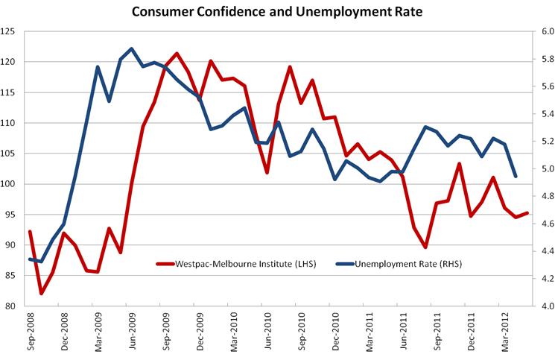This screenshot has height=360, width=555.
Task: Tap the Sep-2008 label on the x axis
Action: point(30,330)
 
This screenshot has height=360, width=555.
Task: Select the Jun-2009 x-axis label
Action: point(131,330)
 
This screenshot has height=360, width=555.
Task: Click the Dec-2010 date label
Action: point(334,330)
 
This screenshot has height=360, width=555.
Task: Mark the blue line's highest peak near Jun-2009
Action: point(131,48)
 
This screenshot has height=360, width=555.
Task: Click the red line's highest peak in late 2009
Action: point(177,54)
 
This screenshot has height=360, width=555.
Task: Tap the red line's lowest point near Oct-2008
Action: point(41,294)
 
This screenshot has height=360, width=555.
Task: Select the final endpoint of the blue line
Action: point(516,177)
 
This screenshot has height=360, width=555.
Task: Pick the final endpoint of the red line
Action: point(527,213)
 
